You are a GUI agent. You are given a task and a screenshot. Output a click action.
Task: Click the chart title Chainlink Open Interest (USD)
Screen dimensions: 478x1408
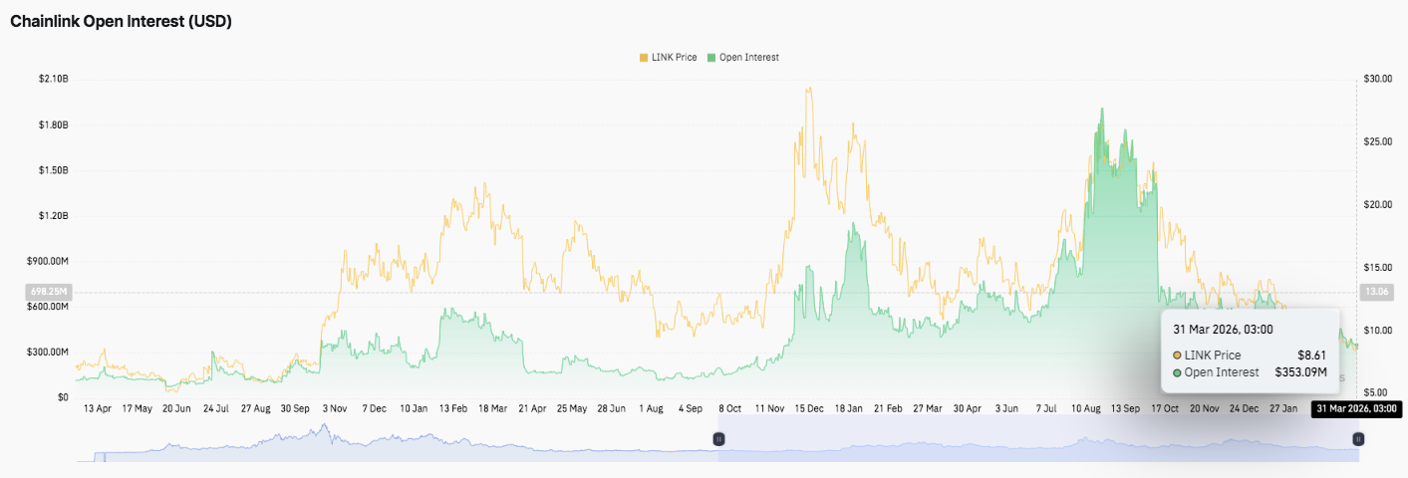[x=121, y=21]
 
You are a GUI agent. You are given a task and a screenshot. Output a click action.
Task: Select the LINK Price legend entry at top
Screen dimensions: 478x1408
[x=668, y=58]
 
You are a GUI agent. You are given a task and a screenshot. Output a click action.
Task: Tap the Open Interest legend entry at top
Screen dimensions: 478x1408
[x=743, y=58]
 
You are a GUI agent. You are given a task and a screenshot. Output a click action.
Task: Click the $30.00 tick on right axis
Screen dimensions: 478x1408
[x=1377, y=79]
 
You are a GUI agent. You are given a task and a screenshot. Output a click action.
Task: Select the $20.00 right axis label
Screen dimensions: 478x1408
[x=1377, y=204]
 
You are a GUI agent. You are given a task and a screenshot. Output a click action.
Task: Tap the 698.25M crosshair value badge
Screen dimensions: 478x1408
[x=48, y=292]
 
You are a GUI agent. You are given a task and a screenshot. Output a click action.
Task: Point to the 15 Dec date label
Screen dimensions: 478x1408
[x=809, y=408]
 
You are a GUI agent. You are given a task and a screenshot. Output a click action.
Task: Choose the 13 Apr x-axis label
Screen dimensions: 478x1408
[x=98, y=408]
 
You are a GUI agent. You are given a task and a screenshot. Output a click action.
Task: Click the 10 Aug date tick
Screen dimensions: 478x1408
[x=1087, y=408]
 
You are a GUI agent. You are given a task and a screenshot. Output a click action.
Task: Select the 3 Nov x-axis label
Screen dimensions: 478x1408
[x=334, y=408]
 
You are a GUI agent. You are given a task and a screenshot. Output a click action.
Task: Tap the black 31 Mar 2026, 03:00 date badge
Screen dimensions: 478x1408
[x=1356, y=408]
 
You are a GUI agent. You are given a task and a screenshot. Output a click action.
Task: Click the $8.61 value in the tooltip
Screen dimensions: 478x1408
[x=1308, y=355]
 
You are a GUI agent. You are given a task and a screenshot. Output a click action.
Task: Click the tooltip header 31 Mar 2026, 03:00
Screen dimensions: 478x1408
[x=1223, y=329]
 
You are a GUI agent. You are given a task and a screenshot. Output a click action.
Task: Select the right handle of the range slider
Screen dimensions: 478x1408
[x=1357, y=438]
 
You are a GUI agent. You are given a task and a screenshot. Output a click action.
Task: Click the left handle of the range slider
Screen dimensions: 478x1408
[x=717, y=438]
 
